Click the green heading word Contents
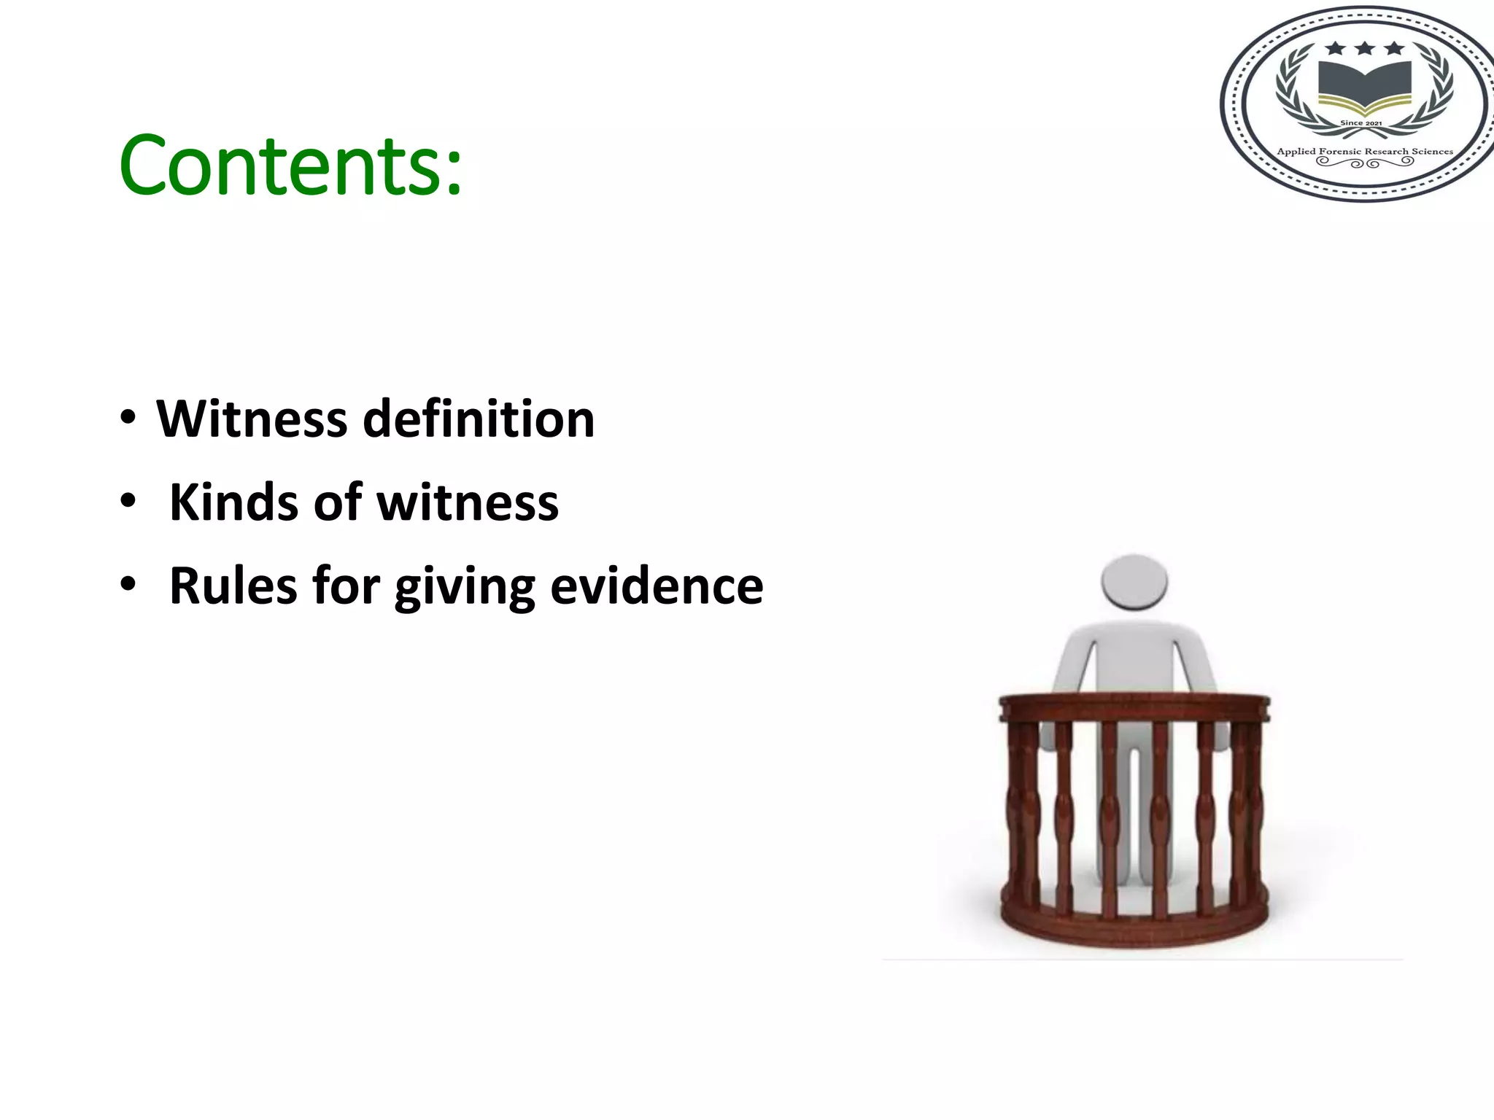281,166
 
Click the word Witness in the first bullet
252,419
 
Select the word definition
479,419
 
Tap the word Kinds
234,503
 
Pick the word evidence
657,586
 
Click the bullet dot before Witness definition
128,419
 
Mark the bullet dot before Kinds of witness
128,502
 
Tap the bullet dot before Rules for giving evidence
128,585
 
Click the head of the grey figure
1134,581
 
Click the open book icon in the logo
1364,84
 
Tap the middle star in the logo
1365,49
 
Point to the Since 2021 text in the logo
1361,123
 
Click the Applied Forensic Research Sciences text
1365,152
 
